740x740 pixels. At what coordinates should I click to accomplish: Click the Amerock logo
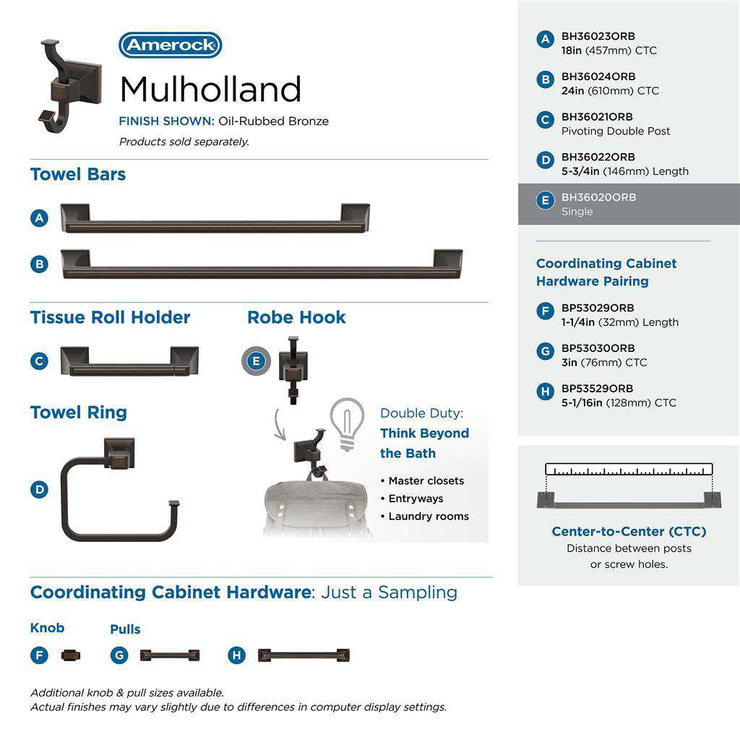click(x=170, y=46)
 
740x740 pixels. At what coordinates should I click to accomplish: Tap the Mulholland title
click(x=210, y=90)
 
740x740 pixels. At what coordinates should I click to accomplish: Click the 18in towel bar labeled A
click(x=214, y=219)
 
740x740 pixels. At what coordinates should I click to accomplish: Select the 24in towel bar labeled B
click(x=261, y=264)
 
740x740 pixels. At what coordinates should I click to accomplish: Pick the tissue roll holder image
click(x=129, y=361)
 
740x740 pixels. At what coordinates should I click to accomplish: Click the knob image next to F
click(x=71, y=655)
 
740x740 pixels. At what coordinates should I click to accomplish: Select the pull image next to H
click(x=304, y=655)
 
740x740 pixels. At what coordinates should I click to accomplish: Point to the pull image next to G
click(x=169, y=655)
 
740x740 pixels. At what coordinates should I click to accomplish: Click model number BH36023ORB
click(x=598, y=36)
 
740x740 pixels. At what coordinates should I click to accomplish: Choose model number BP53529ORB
click(x=597, y=389)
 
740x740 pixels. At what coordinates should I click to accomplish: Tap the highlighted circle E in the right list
click(x=546, y=200)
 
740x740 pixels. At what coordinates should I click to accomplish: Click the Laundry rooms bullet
click(x=428, y=517)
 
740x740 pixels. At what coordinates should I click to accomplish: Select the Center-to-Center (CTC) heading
click(x=629, y=532)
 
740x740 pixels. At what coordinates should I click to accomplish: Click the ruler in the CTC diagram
click(x=629, y=469)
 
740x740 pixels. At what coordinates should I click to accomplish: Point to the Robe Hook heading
click(x=296, y=317)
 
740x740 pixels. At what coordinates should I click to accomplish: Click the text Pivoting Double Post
click(x=616, y=132)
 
